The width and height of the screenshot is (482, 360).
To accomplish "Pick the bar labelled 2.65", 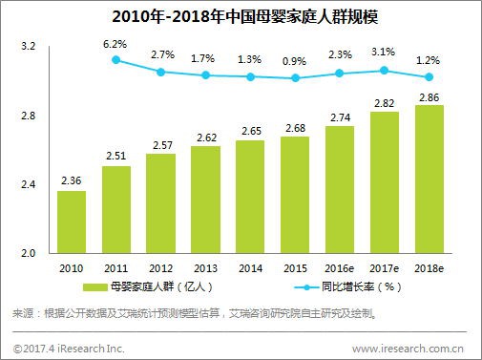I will click(250, 197).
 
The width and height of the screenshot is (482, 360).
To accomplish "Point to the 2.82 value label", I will click(384, 103).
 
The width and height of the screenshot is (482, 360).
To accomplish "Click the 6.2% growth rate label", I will click(116, 44).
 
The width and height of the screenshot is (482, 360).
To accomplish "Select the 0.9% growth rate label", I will click(295, 62).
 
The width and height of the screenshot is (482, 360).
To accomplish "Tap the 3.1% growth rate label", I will click(384, 53).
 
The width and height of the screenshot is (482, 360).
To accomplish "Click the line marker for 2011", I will click(116, 59).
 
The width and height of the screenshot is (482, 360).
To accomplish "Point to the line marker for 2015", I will click(295, 78).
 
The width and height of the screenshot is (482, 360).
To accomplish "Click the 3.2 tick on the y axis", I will click(28, 47).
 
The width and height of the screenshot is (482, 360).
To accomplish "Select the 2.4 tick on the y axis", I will click(28, 184).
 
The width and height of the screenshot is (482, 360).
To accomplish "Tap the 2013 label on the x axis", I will click(205, 269).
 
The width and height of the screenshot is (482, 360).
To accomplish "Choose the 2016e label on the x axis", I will click(340, 269).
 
